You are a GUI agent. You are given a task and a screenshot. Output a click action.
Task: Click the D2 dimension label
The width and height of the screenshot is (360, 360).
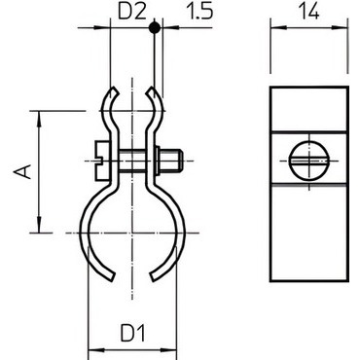tap(131, 12)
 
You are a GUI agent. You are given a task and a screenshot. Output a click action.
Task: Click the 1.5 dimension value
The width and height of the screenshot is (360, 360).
tap(199, 12)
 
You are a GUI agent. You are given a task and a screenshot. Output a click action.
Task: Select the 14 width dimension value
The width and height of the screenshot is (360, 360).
tap(308, 11)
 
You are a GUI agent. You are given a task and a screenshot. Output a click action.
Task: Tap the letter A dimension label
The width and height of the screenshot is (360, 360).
tap(22, 172)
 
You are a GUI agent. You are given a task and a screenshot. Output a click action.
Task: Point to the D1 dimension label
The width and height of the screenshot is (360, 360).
tap(133, 334)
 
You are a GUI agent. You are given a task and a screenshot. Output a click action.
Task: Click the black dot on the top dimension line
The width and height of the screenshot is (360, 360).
tap(155, 28)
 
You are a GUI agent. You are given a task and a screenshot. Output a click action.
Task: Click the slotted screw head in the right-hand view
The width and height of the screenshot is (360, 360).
tap(308, 161)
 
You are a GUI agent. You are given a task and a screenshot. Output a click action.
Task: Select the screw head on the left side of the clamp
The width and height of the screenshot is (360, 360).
tap(100, 161)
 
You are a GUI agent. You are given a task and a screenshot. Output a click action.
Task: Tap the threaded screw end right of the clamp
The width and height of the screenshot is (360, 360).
tap(170, 161)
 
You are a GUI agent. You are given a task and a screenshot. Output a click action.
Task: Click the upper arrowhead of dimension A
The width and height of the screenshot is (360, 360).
tap(39, 118)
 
